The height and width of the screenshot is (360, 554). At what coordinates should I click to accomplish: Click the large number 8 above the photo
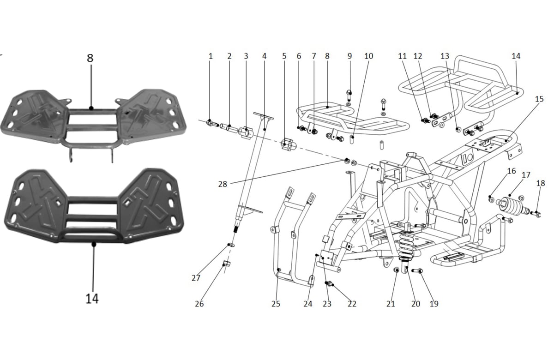pos(90,58)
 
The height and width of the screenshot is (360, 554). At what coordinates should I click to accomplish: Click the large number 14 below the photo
pos(92,299)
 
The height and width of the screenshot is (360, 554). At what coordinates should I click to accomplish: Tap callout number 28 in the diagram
pos(223,184)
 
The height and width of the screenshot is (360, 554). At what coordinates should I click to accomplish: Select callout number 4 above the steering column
pos(265,56)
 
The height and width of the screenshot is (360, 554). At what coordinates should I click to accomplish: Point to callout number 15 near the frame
pos(539,99)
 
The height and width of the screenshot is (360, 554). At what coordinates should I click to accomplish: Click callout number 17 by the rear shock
pos(526,175)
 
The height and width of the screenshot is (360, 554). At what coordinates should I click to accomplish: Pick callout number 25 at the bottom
pos(276,304)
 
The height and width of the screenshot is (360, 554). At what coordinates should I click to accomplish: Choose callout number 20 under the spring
pos(416,304)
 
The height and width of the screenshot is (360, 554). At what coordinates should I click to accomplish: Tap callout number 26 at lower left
pos(199,304)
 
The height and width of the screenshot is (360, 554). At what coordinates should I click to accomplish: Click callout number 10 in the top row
pos(368,56)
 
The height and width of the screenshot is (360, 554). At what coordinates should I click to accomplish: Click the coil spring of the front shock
pos(406,245)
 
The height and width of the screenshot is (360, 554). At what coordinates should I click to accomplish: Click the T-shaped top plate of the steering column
pos(264,116)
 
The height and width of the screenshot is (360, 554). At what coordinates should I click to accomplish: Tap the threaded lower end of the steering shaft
pos(235,229)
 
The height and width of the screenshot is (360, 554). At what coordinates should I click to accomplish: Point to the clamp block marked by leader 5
pos(289,144)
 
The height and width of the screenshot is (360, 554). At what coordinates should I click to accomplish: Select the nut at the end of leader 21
pos(396,270)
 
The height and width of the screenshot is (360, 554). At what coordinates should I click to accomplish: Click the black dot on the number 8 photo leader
pos(91,108)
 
